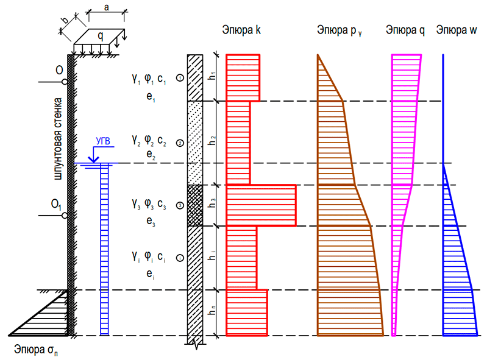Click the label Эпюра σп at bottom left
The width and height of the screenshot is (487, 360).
click(x=37, y=350)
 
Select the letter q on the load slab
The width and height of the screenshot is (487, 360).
click(x=101, y=37)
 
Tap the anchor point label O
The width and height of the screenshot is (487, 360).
click(x=59, y=71)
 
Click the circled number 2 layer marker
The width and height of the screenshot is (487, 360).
click(x=179, y=144)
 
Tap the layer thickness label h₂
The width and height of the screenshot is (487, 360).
click(x=212, y=140)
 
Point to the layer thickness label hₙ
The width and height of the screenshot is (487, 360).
click(x=212, y=312)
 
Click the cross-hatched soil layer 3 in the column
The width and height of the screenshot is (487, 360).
click(x=194, y=205)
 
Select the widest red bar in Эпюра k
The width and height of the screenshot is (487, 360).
click(x=261, y=205)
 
